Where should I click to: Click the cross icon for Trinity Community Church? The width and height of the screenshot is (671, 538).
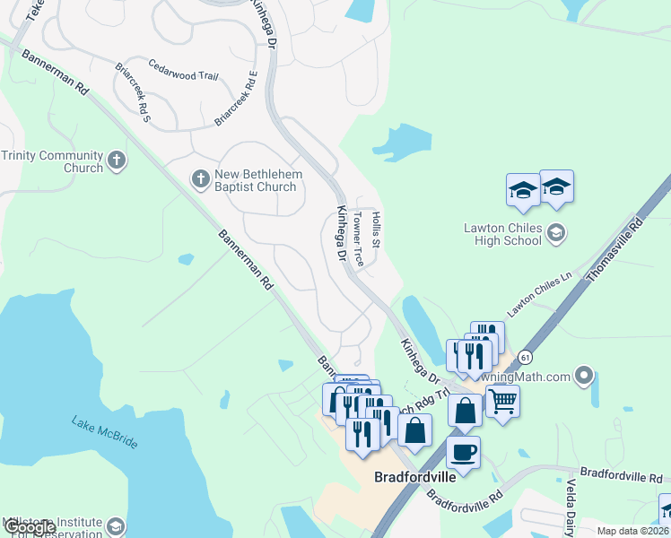point(116,161)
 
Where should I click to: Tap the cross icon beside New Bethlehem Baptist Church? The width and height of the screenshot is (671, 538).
point(201,179)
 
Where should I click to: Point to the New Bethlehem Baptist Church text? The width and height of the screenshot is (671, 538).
point(256,180)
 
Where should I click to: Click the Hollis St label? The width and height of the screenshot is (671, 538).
point(377,230)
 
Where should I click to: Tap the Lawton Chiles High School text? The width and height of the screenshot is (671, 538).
point(502,234)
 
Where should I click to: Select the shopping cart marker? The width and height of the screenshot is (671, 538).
point(502,401)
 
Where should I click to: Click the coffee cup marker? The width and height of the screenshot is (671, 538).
point(463,451)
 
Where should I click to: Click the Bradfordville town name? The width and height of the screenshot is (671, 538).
point(414,477)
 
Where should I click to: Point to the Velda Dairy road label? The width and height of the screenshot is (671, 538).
point(570,508)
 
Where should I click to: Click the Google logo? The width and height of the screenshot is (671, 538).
point(30,527)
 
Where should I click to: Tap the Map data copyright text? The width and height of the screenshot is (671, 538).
point(632,531)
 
